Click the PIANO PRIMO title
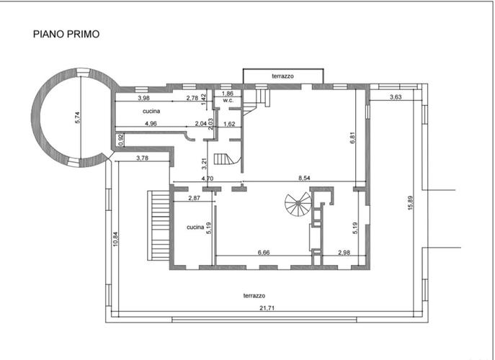[66, 34]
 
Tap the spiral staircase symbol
[298, 204]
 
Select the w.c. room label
[228, 100]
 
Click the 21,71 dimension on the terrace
[267, 308]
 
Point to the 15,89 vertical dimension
[410, 203]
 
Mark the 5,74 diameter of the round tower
[78, 117]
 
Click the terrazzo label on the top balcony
[282, 76]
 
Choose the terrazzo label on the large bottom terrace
[254, 296]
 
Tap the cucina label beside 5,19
[195, 228]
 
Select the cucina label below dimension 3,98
[151, 111]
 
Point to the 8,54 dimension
[304, 178]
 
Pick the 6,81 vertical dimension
[353, 138]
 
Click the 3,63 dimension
[396, 97]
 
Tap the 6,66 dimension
[264, 253]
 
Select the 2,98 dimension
[344, 253]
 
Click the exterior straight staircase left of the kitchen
[159, 225]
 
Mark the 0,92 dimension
[121, 140]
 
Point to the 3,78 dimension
[142, 158]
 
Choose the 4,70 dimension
[208, 179]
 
